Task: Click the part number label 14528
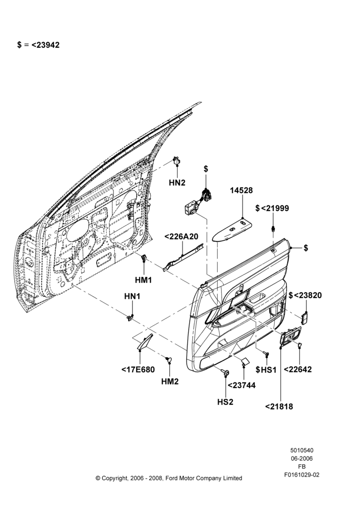coord(242,190)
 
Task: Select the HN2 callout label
coord(177,183)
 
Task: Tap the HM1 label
coord(143,280)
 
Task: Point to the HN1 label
coord(132,296)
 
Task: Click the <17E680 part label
coord(138,369)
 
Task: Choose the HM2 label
coord(170,382)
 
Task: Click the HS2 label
coord(225,402)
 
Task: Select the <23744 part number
coord(242,385)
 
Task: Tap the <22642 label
coord(298,369)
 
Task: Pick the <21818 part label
coord(279,406)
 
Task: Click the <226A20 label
coord(182,237)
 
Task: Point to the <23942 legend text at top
coord(45,45)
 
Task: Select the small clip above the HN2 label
coord(177,161)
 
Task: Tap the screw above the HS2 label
coord(225,372)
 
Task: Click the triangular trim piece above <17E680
coord(145,342)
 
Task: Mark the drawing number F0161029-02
coord(302,474)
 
